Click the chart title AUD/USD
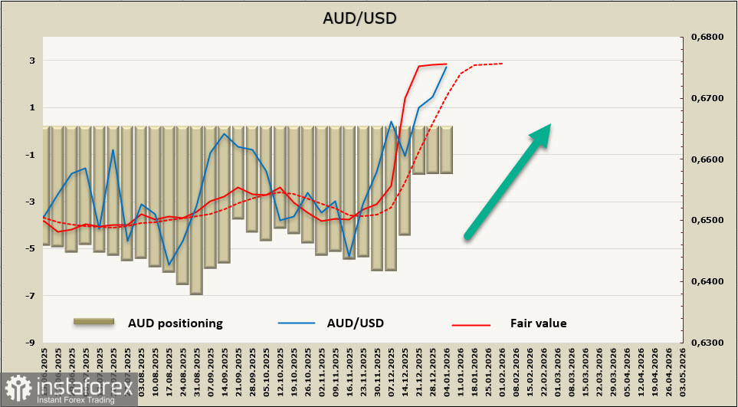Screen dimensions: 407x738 click(x=369, y=18)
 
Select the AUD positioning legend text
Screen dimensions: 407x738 click(x=175, y=323)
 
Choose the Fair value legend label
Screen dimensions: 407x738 click(x=538, y=323)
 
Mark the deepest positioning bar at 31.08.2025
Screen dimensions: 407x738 click(x=196, y=210)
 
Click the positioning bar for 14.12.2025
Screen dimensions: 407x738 click(x=405, y=181)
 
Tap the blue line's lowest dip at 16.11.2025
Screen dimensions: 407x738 click(x=349, y=256)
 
